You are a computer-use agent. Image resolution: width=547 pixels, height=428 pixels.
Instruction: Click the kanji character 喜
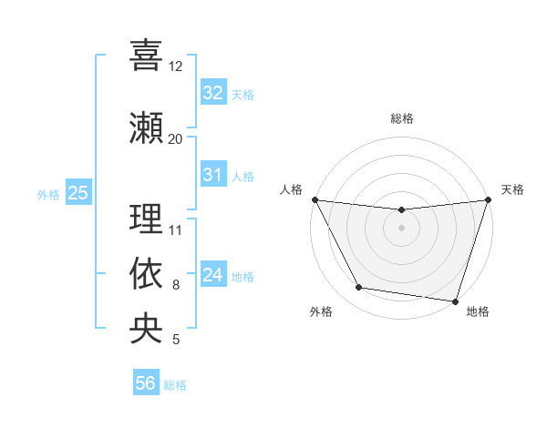tap(146, 56)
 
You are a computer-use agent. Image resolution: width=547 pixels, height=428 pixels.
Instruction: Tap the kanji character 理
tap(146, 219)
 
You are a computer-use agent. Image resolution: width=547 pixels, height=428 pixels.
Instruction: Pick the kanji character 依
tap(146, 274)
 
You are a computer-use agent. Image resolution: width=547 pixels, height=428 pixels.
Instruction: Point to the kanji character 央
tap(146, 328)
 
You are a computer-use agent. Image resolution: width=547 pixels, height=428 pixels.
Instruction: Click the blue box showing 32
tap(212, 92)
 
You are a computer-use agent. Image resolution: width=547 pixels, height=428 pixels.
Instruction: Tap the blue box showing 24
tap(212, 274)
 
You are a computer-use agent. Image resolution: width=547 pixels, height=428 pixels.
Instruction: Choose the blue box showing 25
tap(77, 192)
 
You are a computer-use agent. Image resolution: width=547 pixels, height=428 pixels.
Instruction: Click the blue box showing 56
tap(146, 383)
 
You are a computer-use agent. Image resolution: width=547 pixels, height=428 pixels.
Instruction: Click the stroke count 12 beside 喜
tap(175, 66)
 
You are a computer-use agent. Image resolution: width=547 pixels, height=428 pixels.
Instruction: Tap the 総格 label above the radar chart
tap(401, 118)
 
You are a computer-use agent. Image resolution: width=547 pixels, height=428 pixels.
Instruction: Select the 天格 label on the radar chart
tap(512, 189)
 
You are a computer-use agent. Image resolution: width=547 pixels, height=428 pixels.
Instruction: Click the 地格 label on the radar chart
tap(478, 311)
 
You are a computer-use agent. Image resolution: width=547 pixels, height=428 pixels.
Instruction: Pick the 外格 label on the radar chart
tap(321, 311)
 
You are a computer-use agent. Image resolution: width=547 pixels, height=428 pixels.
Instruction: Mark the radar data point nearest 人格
tap(315, 199)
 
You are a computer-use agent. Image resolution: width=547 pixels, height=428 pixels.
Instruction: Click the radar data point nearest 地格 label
tap(455, 301)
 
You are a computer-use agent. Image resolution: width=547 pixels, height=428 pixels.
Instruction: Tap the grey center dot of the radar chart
tap(401, 228)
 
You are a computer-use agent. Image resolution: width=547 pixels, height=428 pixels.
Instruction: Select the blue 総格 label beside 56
tap(175, 384)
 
